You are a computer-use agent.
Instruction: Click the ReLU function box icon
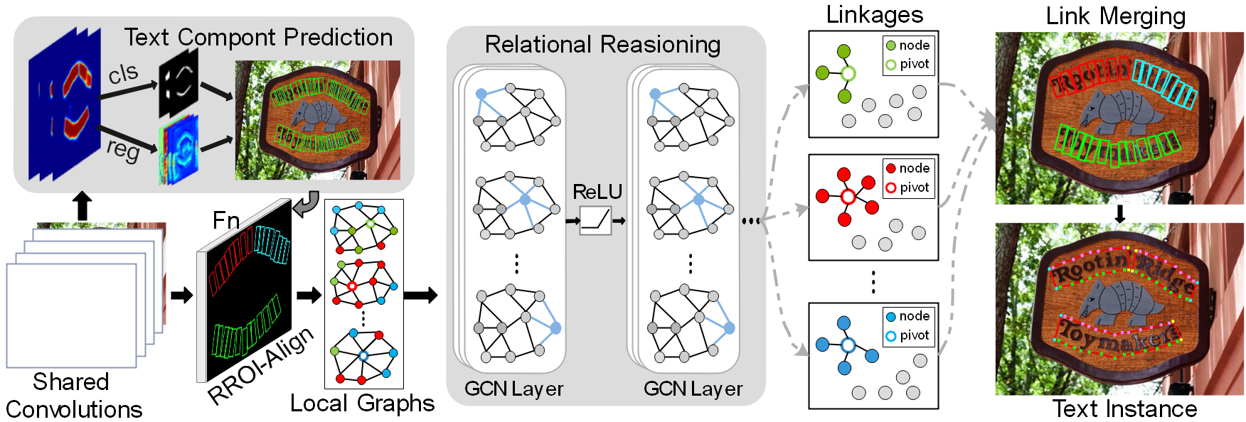[x=595, y=220]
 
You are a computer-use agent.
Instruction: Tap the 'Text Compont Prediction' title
[x=258, y=38]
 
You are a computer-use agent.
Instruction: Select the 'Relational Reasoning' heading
[x=602, y=45]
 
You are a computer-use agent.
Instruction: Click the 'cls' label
[x=123, y=72]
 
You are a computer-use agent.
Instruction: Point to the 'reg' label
[x=123, y=149]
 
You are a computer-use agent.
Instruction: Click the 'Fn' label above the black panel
[x=226, y=220]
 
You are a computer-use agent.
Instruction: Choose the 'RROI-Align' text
[x=261, y=366]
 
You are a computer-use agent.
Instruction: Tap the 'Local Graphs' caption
[x=362, y=404]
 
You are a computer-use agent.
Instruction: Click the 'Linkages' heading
[x=874, y=15]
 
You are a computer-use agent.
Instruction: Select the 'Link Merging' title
[x=1115, y=16]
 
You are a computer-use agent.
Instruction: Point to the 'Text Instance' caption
[x=1124, y=409]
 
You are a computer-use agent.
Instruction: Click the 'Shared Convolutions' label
[x=73, y=396]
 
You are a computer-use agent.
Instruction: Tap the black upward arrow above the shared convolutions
[x=82, y=205]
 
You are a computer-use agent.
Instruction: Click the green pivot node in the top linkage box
[x=847, y=73]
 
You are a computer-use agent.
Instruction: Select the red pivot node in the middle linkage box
[x=847, y=197]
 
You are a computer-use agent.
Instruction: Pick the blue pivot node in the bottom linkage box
[x=847, y=345]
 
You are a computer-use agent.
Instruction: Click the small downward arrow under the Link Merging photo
[x=1119, y=214]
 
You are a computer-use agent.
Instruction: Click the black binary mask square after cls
[x=179, y=83]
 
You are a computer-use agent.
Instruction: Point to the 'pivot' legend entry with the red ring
[x=908, y=188]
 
